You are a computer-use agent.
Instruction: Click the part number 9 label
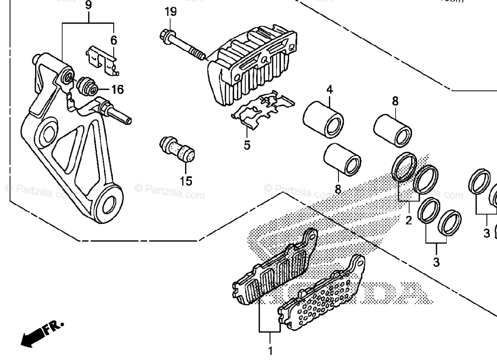pyautogui.click(x=88, y=5)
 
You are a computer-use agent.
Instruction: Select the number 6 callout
pyautogui.click(x=113, y=40)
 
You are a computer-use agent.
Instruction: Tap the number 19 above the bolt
pyautogui.click(x=170, y=12)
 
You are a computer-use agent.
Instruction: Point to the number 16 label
pyautogui.click(x=117, y=89)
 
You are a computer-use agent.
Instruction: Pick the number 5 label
pyautogui.click(x=247, y=145)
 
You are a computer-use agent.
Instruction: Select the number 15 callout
pyautogui.click(x=186, y=181)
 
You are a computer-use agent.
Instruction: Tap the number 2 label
pyautogui.click(x=408, y=220)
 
